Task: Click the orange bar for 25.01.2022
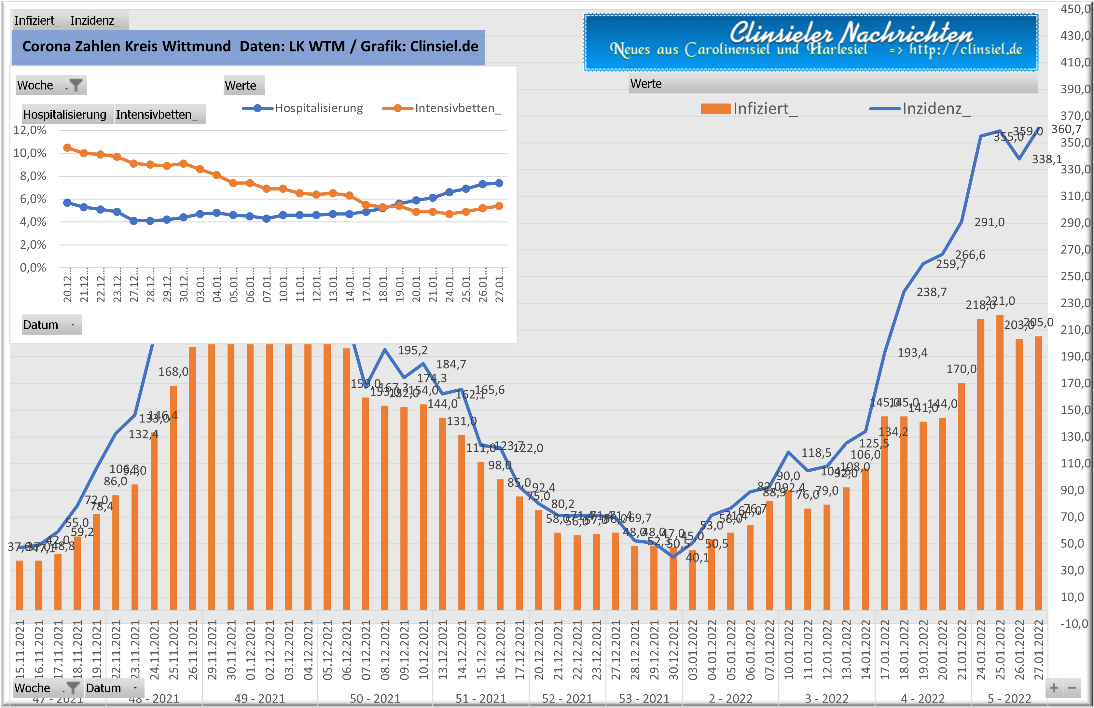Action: pos(1000,460)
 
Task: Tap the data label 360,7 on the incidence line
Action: pos(1066,129)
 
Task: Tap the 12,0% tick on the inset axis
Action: pos(30,130)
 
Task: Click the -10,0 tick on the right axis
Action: pos(1074,624)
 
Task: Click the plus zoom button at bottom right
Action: pos(1054,688)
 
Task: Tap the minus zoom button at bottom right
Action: pos(1072,688)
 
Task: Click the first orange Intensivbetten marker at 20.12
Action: pos(67,147)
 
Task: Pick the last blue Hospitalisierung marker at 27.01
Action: pos(499,183)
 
